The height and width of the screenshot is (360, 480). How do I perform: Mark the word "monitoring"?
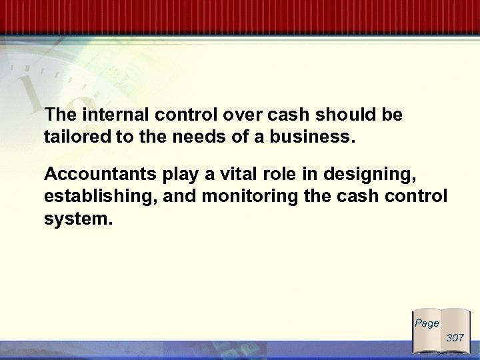click(243, 199)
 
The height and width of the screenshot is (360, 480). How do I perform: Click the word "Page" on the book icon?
click(427, 323)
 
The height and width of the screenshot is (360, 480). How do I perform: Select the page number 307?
click(455, 338)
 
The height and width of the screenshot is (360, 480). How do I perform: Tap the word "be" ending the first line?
click(393, 115)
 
